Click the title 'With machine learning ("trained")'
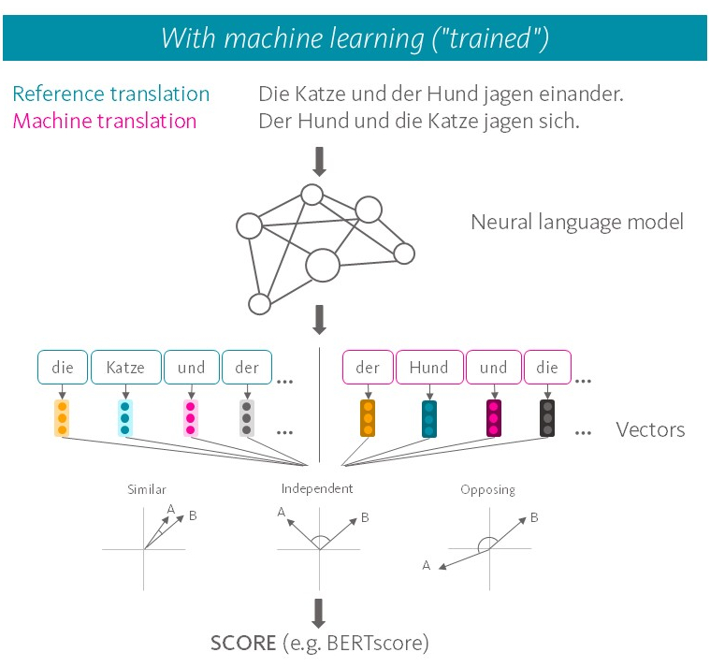(355, 37)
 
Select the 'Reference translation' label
(111, 94)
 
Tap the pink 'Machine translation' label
(105, 121)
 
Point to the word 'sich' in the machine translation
(561, 121)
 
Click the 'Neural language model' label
(576, 222)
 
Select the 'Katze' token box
(125, 368)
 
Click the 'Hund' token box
(428, 368)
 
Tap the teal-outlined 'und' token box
(191, 368)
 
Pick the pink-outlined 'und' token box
(493, 368)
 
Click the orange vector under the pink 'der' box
(368, 418)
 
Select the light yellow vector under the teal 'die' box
(62, 418)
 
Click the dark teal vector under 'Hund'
(428, 418)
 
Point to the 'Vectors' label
(650, 430)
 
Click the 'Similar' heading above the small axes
(147, 489)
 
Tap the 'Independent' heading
(317, 488)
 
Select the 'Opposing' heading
(487, 489)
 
